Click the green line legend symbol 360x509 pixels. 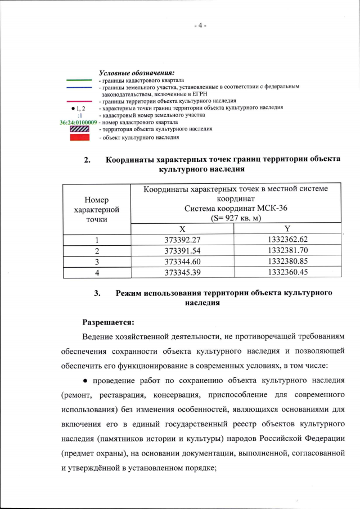click(x=79, y=80)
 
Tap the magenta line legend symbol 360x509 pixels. click(x=79, y=101)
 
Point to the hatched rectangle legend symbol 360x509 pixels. click(x=79, y=129)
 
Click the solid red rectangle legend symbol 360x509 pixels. click(x=79, y=137)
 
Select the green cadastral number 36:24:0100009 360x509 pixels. click(x=78, y=122)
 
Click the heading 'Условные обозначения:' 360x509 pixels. click(x=137, y=73)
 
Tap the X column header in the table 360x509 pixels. click(x=182, y=229)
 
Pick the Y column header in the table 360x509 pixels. click(x=287, y=229)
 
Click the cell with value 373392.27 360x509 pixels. click(x=182, y=240)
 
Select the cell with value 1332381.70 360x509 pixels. click(x=287, y=250)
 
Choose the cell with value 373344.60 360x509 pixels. click(x=182, y=262)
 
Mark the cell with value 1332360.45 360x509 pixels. click(x=287, y=272)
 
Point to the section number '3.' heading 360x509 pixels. click(x=97, y=293)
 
